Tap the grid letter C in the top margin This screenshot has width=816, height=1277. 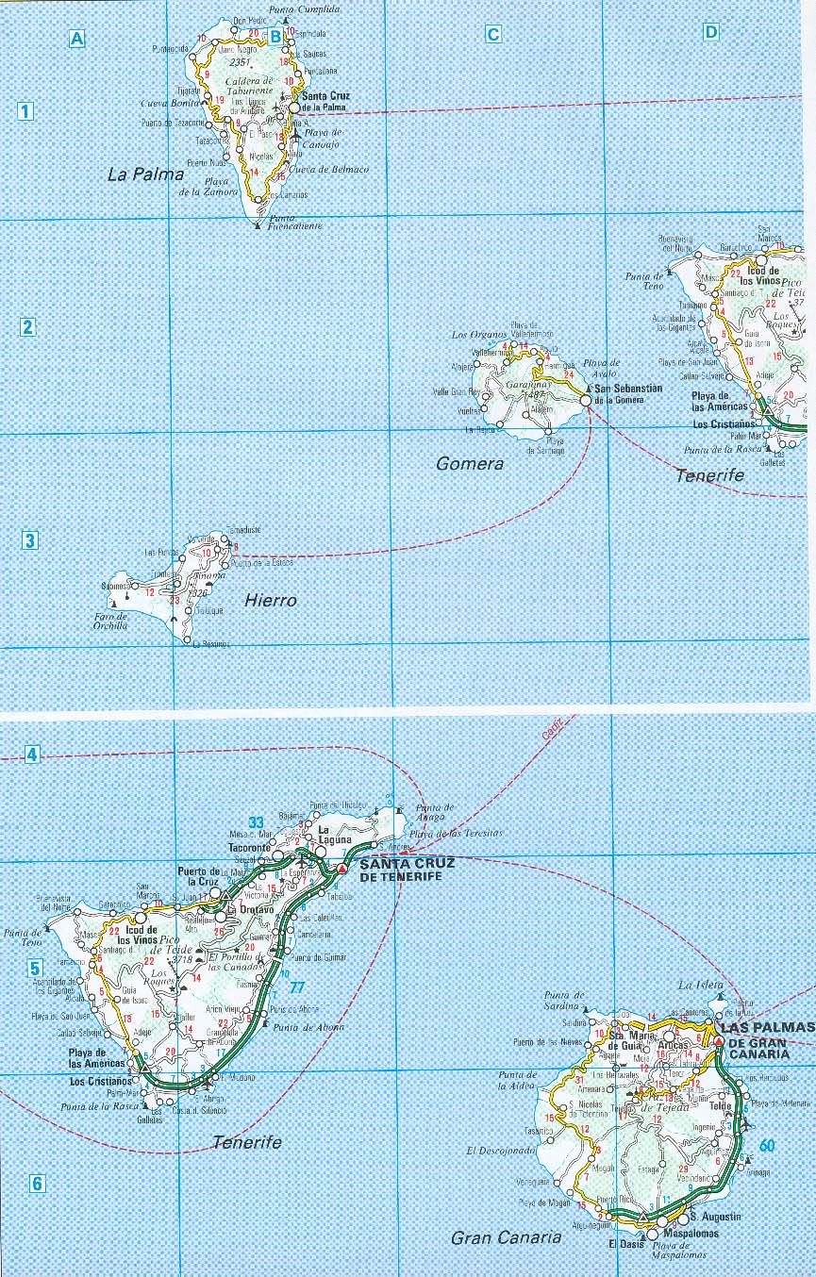[x=492, y=35]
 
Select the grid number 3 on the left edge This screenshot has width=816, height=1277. [x=30, y=540]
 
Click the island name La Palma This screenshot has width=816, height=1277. [x=145, y=174]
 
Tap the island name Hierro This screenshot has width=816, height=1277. [x=270, y=600]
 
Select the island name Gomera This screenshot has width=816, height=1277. [x=470, y=463]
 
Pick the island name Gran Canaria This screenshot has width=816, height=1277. [x=506, y=1237]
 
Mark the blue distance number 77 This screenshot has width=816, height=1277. [x=297, y=987]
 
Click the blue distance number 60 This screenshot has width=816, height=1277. [x=767, y=1146]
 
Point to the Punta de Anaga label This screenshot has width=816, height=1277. [x=434, y=813]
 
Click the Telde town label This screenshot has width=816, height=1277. [x=721, y=1105]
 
